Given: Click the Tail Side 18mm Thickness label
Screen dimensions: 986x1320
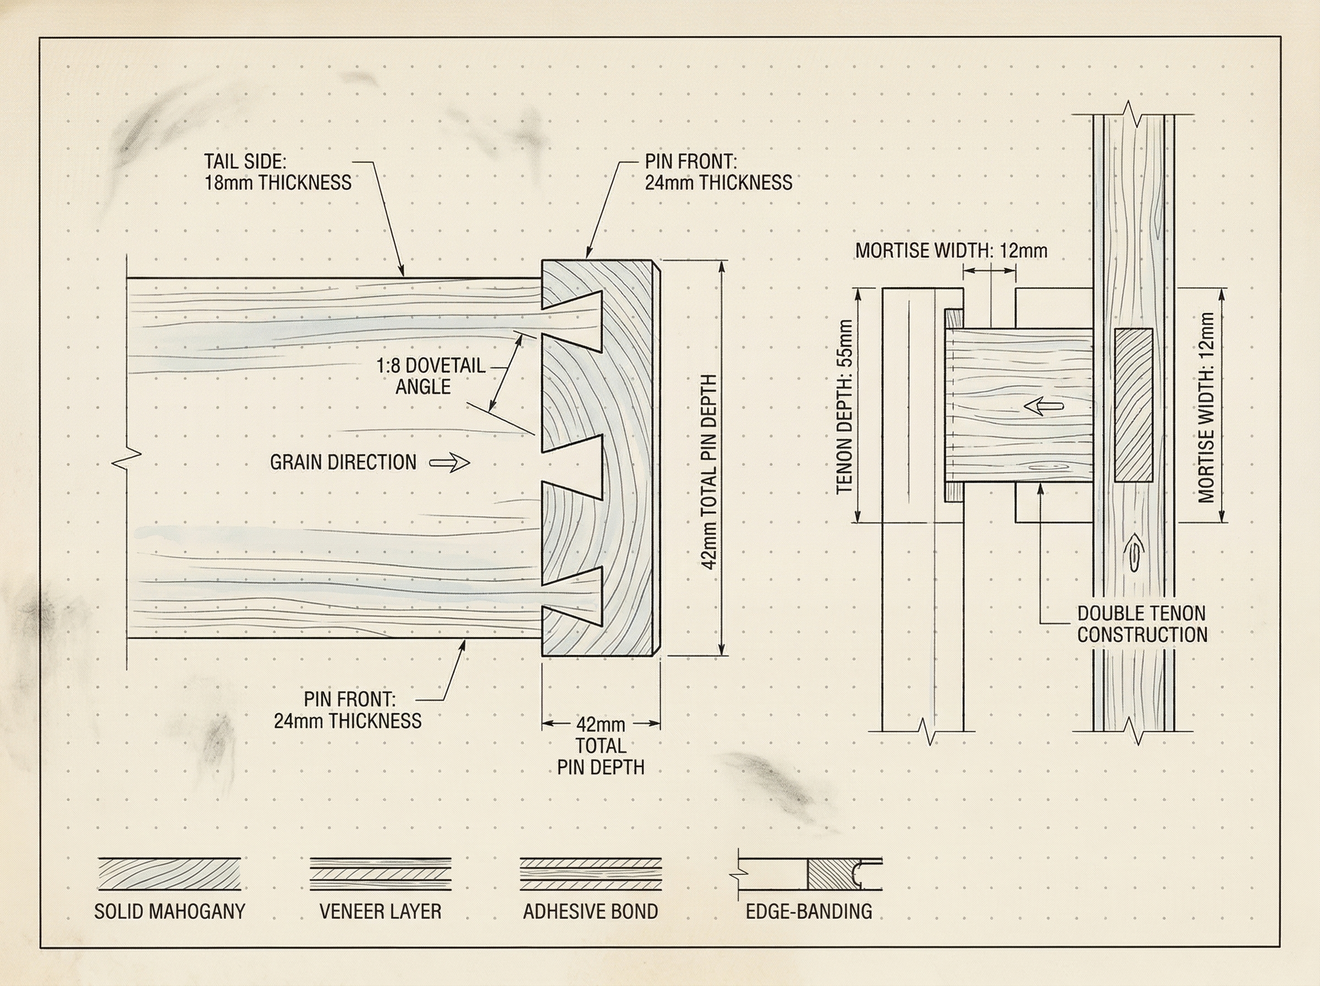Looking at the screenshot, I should click(277, 172).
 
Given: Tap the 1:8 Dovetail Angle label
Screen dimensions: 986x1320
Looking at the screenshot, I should click(430, 376).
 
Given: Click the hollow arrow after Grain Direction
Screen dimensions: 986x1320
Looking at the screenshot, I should click(450, 463).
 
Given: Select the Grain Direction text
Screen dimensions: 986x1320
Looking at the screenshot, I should click(343, 463).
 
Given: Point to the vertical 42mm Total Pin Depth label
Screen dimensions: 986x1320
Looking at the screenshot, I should click(708, 472).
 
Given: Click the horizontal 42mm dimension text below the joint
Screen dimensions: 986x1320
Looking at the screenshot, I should click(601, 725).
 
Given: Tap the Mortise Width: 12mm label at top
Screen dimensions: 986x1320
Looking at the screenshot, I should click(951, 251).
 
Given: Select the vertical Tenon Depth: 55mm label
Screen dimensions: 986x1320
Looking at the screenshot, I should click(845, 407).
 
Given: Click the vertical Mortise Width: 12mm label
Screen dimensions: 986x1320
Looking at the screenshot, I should click(1206, 407).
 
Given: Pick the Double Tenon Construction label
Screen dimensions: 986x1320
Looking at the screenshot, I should click(1142, 624).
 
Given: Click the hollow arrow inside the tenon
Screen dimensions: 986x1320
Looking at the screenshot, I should click(1043, 407).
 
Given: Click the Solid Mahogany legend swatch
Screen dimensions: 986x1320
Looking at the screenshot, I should click(169, 874).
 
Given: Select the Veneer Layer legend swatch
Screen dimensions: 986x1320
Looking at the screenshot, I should click(380, 874).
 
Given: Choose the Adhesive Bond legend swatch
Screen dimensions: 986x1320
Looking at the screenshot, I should click(591, 874).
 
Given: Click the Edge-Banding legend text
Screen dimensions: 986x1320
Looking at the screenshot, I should click(809, 911).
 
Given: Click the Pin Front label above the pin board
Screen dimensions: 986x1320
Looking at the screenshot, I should click(718, 172).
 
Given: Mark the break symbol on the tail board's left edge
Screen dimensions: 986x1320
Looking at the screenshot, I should click(127, 458).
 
